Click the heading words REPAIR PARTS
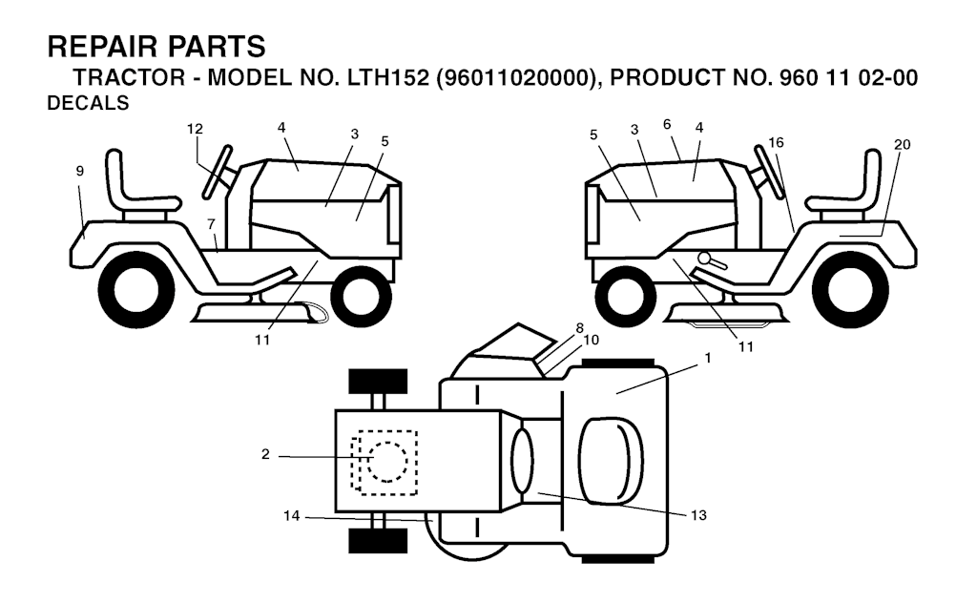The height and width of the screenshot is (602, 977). (156, 46)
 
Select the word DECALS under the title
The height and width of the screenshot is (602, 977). (88, 105)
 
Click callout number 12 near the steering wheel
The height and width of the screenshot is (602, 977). (195, 129)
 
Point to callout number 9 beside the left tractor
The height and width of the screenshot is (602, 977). (80, 171)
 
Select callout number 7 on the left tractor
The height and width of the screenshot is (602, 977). (211, 223)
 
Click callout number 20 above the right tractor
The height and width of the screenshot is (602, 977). (903, 144)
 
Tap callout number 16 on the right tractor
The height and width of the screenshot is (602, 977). (776, 142)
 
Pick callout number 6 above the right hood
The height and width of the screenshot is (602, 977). (667, 124)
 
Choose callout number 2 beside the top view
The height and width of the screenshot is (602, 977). (265, 455)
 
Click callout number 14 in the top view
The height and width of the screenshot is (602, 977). (292, 516)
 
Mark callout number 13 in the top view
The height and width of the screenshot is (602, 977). (698, 514)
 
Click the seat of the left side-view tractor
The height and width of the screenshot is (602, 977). (133, 185)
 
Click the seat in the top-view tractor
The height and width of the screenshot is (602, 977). (610, 461)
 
